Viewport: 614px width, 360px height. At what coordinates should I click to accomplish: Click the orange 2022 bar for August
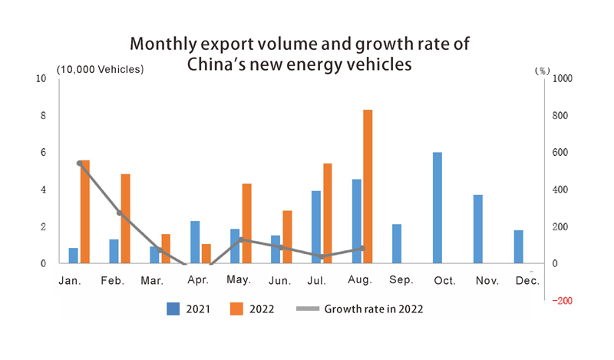(x=368, y=187)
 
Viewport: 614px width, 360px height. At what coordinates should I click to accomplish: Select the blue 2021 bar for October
(x=437, y=208)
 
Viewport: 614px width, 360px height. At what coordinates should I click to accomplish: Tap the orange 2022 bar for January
(x=84, y=212)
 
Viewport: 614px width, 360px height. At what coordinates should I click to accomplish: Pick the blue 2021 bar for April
(x=195, y=243)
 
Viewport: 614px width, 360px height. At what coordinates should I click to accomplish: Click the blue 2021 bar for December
(x=518, y=246)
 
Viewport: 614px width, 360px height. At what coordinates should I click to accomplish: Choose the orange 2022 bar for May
(x=246, y=223)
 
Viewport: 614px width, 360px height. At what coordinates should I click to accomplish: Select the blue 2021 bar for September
(x=397, y=244)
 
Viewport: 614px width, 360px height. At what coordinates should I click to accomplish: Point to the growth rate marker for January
(x=80, y=163)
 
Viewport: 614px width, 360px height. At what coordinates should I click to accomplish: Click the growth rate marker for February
(x=120, y=213)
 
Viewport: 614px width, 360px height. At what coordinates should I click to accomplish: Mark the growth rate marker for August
(x=362, y=248)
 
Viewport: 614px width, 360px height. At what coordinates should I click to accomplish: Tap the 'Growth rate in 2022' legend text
(x=374, y=309)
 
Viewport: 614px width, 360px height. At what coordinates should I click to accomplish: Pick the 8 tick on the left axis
(x=43, y=116)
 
